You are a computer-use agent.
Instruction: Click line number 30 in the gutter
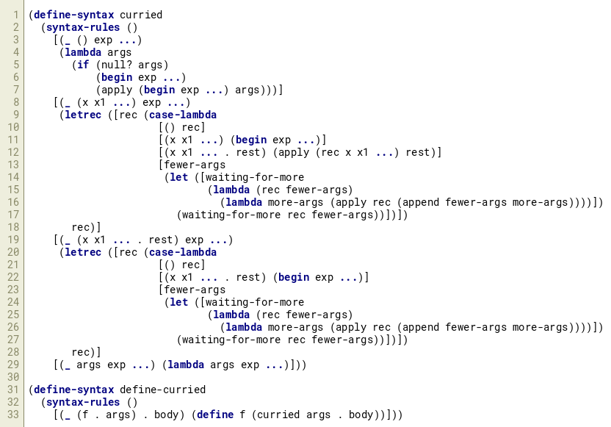13,377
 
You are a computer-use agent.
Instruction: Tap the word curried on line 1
141,15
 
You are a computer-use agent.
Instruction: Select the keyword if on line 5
83,65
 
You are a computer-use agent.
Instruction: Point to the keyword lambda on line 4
83,52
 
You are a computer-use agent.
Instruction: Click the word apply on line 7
117,90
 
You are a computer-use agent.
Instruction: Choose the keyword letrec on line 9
83,115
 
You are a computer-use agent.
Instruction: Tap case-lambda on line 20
183,252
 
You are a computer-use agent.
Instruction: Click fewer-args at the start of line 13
195,165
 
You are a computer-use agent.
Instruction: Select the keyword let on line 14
179,177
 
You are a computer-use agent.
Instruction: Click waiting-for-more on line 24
255,302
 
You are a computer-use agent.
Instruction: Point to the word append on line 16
421,202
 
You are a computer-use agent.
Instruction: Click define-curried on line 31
162,390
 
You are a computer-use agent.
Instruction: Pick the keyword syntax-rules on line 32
83,402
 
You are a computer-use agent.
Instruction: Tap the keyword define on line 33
215,415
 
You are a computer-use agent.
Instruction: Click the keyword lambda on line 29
186,365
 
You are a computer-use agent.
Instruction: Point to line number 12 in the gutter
13,152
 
